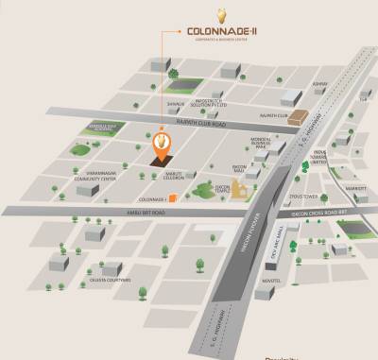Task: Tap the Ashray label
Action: click(345, 84)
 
